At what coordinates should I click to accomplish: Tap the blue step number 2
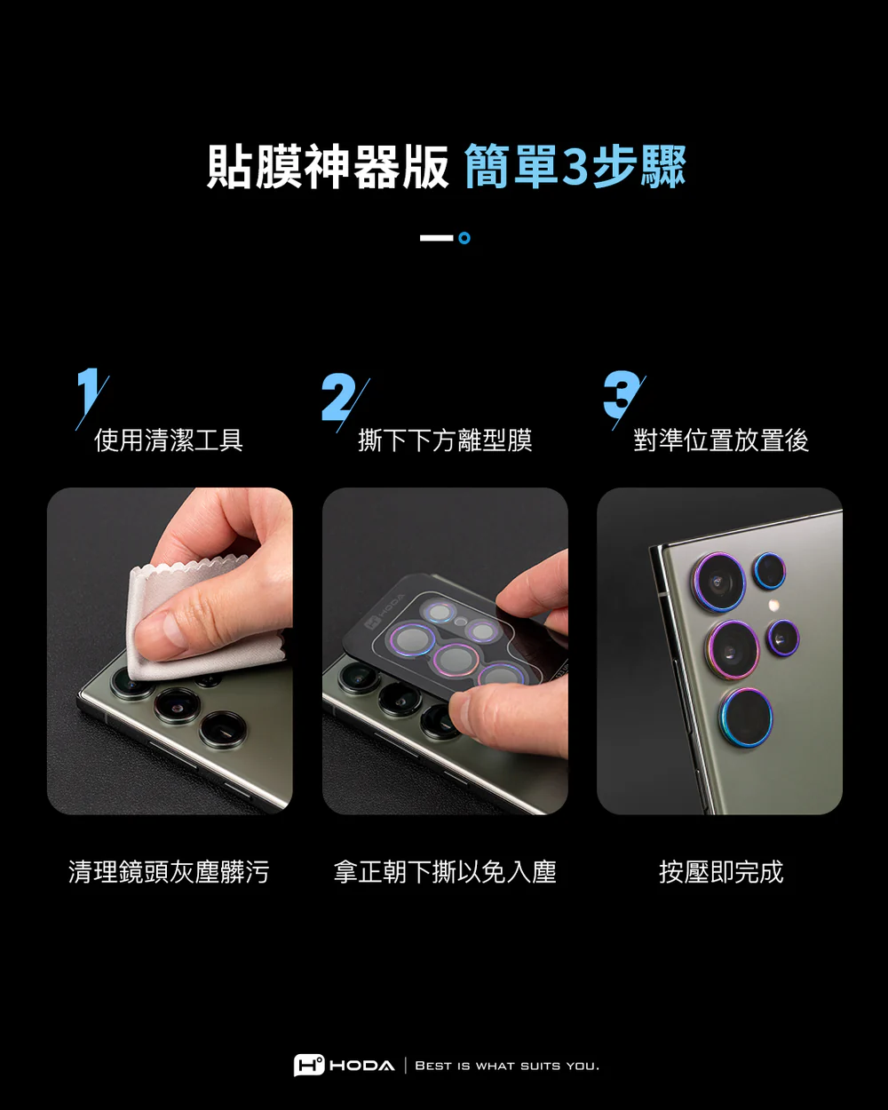point(338,396)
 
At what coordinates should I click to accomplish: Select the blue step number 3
point(622,394)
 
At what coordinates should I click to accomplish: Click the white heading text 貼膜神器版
point(329,167)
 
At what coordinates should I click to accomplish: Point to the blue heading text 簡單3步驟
point(575,167)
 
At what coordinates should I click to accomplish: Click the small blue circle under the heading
point(464,238)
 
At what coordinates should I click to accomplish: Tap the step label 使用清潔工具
point(169,440)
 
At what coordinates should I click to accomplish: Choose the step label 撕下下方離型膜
point(445,440)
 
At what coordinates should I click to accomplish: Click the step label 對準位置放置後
point(721,440)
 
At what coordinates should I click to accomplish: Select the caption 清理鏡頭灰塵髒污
point(169,872)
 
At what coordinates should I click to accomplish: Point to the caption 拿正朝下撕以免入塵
point(445,872)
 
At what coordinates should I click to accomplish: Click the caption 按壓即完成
point(721,872)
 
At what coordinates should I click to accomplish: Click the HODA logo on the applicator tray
point(385,612)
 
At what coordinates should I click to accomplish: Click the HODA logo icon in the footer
point(309,1065)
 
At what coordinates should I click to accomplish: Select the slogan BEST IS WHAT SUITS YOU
point(507,1066)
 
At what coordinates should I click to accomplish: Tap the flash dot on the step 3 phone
point(773,604)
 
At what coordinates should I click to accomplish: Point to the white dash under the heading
point(437,238)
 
